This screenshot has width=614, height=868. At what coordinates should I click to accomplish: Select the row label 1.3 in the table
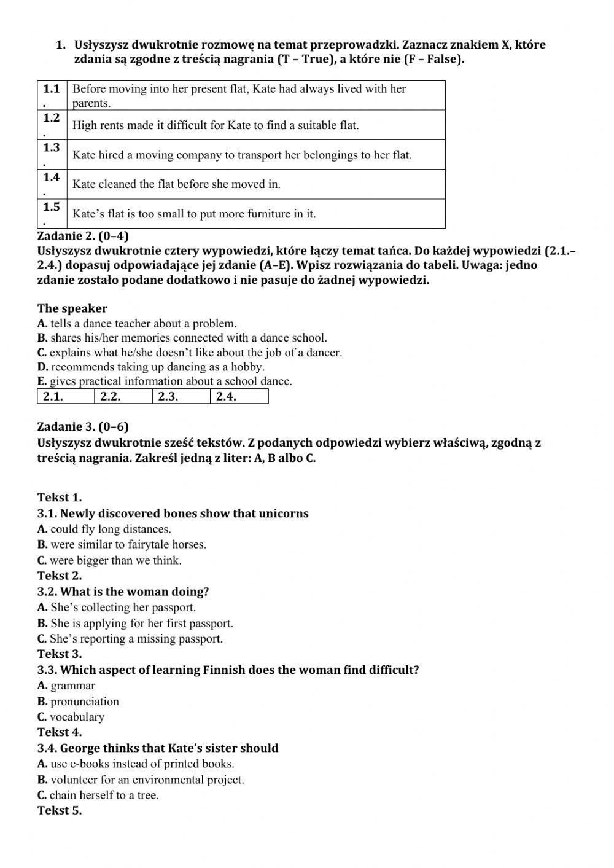pyautogui.click(x=52, y=148)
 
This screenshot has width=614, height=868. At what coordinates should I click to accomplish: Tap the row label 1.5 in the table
pyautogui.click(x=52, y=208)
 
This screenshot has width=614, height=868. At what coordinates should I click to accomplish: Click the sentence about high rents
pyautogui.click(x=216, y=125)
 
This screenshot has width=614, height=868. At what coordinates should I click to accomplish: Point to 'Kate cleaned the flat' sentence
pyautogui.click(x=176, y=184)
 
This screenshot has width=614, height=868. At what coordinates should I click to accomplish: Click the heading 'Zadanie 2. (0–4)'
pyautogui.click(x=83, y=237)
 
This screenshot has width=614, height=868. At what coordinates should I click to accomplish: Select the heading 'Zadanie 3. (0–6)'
pyautogui.click(x=83, y=427)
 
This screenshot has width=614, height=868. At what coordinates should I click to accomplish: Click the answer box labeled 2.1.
pyautogui.click(x=66, y=396)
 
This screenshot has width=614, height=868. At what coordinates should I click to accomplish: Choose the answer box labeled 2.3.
pyautogui.click(x=181, y=396)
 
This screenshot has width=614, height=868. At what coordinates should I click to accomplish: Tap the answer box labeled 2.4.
pyautogui.click(x=239, y=396)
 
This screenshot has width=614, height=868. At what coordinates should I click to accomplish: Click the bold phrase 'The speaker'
pyautogui.click(x=72, y=308)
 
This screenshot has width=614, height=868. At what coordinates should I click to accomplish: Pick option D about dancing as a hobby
pyautogui.click(x=151, y=367)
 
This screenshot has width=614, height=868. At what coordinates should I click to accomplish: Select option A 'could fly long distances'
pyautogui.click(x=104, y=529)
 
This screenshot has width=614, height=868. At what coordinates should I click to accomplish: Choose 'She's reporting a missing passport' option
pyautogui.click(x=130, y=638)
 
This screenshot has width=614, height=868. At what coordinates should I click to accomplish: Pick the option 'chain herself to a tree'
pyautogui.click(x=98, y=795)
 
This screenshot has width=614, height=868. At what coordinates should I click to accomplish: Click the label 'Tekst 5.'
pyautogui.click(x=60, y=810)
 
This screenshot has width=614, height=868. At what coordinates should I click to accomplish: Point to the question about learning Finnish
pyautogui.click(x=228, y=670)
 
